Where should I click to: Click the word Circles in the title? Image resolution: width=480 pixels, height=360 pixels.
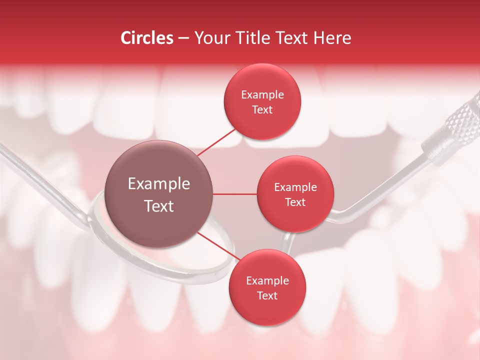click(x=146, y=38)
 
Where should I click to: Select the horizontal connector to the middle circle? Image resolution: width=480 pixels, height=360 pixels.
click(x=235, y=194)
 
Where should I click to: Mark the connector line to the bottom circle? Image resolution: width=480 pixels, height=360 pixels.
click(x=217, y=245)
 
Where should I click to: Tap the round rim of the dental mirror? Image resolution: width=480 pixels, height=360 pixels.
click(x=220, y=272)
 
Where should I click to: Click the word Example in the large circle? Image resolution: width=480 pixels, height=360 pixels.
click(x=158, y=184)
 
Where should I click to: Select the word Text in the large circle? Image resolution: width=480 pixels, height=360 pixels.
click(x=158, y=206)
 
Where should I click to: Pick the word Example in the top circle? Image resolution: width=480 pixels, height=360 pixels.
click(x=262, y=94)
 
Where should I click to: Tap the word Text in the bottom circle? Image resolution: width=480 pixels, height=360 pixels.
click(x=267, y=295)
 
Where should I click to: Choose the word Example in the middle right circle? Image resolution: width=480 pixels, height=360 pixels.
click(x=295, y=187)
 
